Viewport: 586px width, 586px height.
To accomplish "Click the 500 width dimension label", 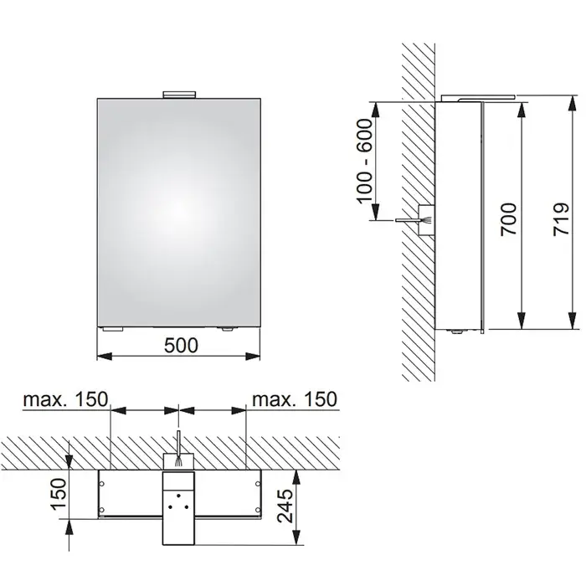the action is pyautogui.click(x=182, y=345).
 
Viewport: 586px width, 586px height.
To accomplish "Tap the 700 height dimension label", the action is pyautogui.click(x=509, y=219).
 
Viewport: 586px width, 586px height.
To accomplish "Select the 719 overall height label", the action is pyautogui.click(x=562, y=219).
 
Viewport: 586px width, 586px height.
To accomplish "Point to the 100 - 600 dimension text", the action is pyautogui.click(x=365, y=161).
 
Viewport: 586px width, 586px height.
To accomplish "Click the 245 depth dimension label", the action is pyautogui.click(x=285, y=506).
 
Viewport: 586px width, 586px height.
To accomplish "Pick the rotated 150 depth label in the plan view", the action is pyautogui.click(x=59, y=494).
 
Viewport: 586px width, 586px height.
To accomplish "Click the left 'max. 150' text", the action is pyautogui.click(x=65, y=399).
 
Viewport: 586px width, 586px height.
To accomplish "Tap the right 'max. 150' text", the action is pyautogui.click(x=295, y=399).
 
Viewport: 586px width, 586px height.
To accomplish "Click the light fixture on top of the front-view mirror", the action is pyautogui.click(x=179, y=95).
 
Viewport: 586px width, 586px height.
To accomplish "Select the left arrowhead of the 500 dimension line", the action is pyautogui.click(x=105, y=356).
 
